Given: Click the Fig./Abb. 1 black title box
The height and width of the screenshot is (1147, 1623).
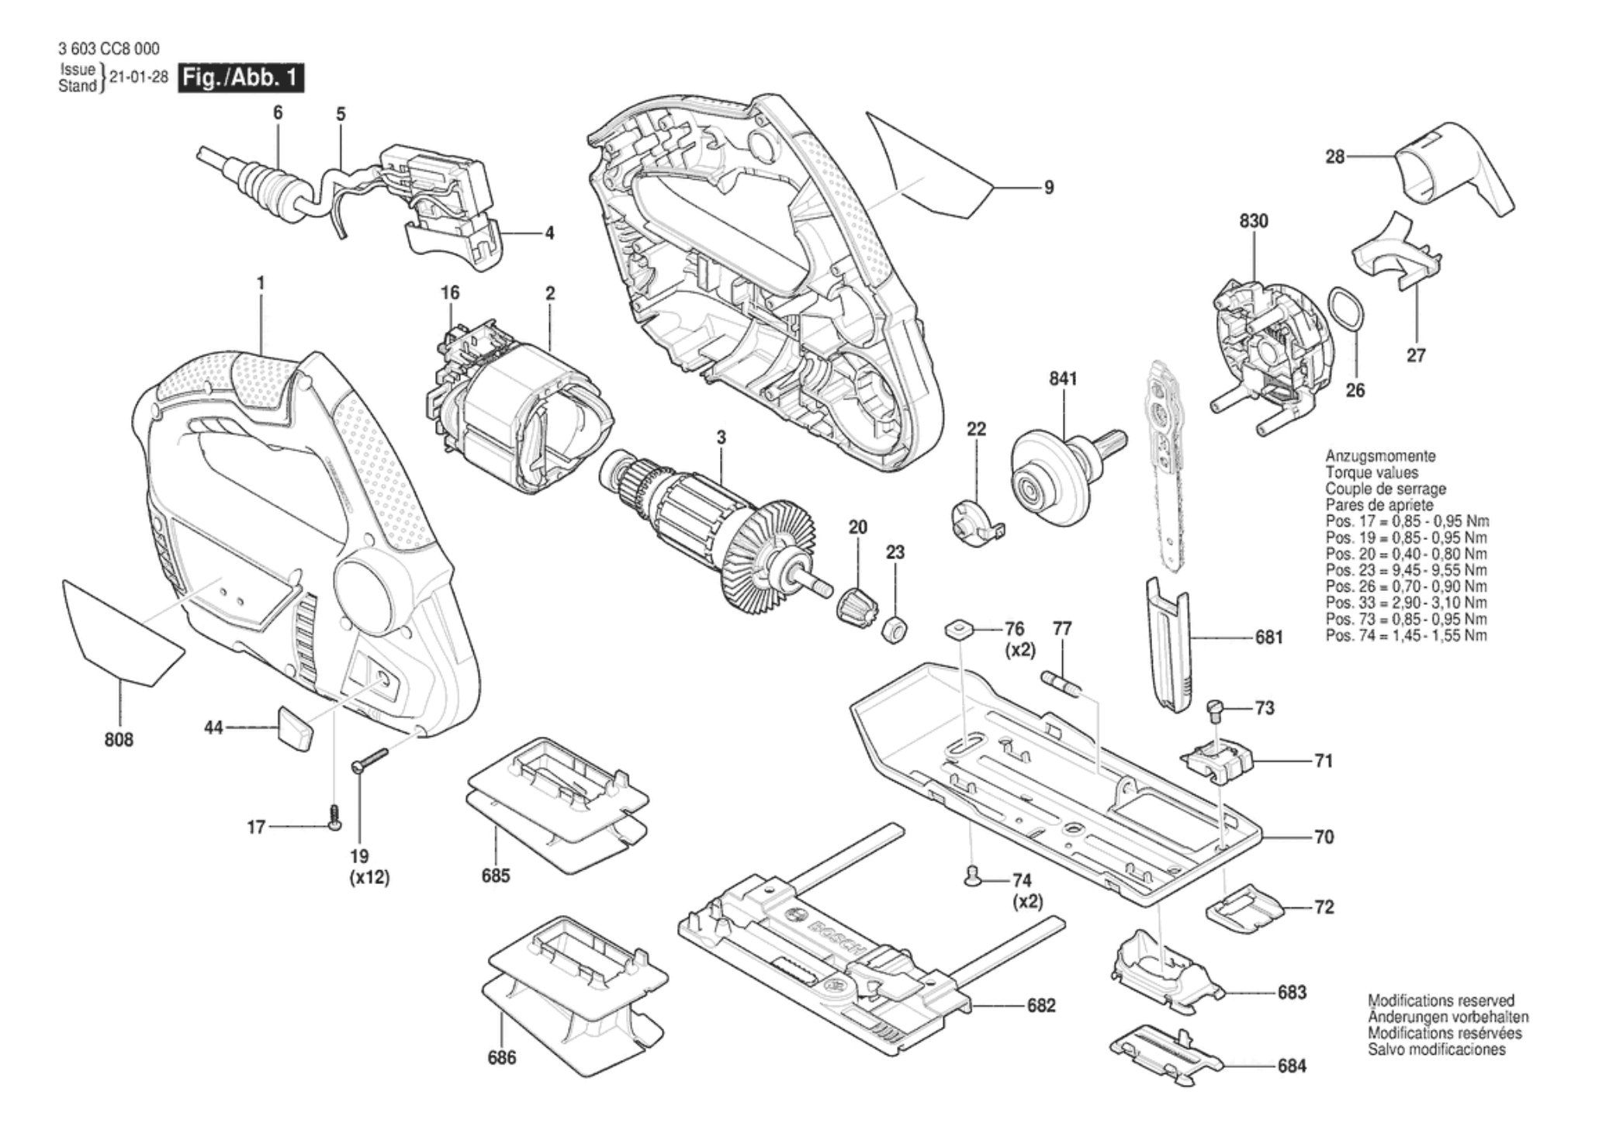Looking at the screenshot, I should tap(241, 79).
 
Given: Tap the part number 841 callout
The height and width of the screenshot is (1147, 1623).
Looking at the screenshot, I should tap(1062, 378).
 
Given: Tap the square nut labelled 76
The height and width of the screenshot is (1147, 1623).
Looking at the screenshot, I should tap(960, 629).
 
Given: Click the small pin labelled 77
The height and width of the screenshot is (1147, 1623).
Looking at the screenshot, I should tap(1059, 686).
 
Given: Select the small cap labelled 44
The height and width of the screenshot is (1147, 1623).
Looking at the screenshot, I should tap(294, 728).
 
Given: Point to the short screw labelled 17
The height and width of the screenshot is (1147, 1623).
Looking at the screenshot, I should tap(335, 819).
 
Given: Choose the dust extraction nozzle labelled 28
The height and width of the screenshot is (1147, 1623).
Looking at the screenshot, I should tap(1452, 172).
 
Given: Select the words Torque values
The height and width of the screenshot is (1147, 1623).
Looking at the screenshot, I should tap(1372, 472).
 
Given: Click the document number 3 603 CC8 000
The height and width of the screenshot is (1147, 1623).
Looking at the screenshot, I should tap(109, 49).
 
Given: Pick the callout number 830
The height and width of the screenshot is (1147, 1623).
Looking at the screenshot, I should tap(1253, 221).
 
